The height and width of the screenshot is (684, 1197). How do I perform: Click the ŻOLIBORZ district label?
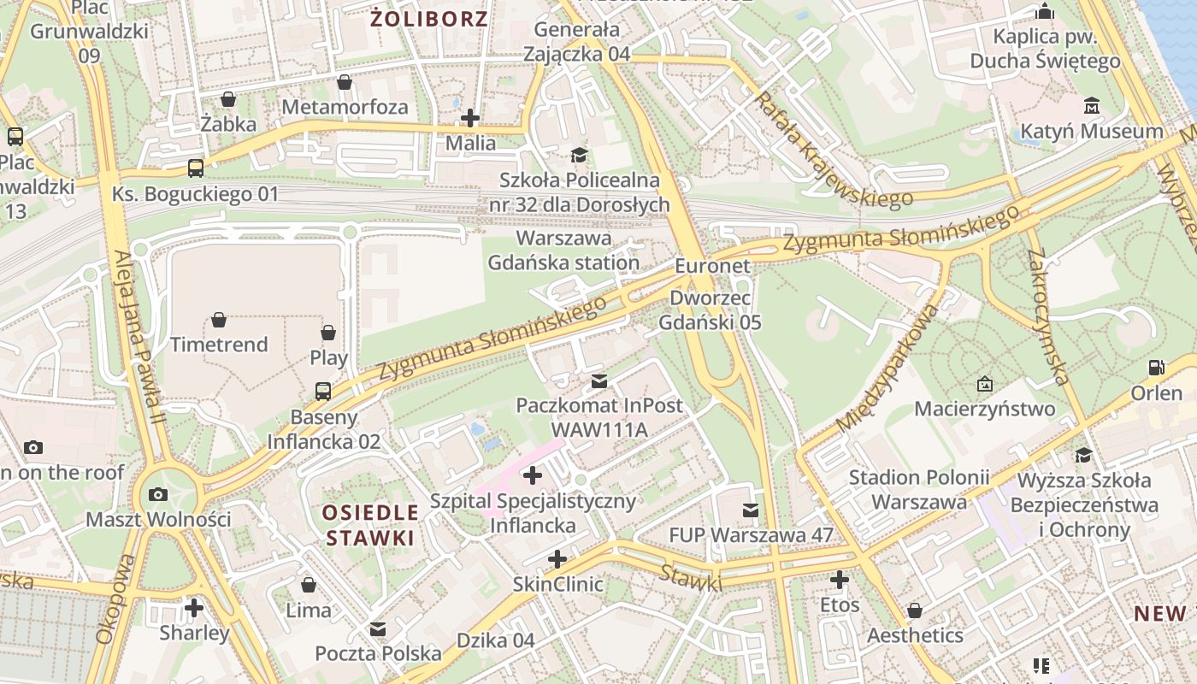click(x=429, y=19)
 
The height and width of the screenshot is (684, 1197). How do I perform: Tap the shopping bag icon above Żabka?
click(x=228, y=99)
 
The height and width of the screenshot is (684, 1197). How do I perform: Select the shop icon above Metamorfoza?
click(x=344, y=82)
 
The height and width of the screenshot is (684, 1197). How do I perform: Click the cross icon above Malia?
click(x=470, y=118)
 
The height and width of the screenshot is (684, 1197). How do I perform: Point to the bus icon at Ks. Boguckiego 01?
click(x=196, y=168)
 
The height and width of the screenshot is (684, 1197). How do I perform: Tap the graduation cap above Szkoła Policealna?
click(x=580, y=155)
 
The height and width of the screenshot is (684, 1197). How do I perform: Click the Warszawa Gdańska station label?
click(x=563, y=250)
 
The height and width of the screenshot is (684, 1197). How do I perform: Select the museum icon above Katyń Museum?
click(x=1092, y=106)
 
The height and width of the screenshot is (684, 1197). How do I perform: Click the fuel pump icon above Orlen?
click(x=1156, y=368)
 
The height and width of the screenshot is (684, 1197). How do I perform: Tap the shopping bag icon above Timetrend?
click(x=219, y=320)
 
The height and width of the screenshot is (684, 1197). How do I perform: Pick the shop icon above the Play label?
click(x=328, y=332)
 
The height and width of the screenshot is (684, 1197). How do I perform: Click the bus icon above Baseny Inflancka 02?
click(x=323, y=392)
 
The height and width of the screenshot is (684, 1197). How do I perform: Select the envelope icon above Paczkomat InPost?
click(x=599, y=380)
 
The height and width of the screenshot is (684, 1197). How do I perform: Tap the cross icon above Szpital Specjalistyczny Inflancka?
click(x=533, y=475)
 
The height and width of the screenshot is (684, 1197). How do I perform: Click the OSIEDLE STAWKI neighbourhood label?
click(x=370, y=525)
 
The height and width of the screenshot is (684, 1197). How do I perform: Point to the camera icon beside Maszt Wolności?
click(x=158, y=494)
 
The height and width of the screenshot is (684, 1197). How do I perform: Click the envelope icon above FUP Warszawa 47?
click(x=751, y=510)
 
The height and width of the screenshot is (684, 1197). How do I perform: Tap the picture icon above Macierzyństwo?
click(x=985, y=384)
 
